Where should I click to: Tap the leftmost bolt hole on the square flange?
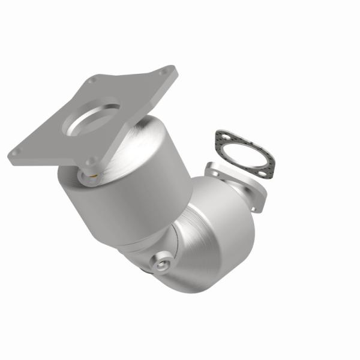(x=17, y=152)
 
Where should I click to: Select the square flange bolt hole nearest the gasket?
(x=163, y=73)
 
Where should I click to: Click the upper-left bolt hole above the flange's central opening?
(x=91, y=80)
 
